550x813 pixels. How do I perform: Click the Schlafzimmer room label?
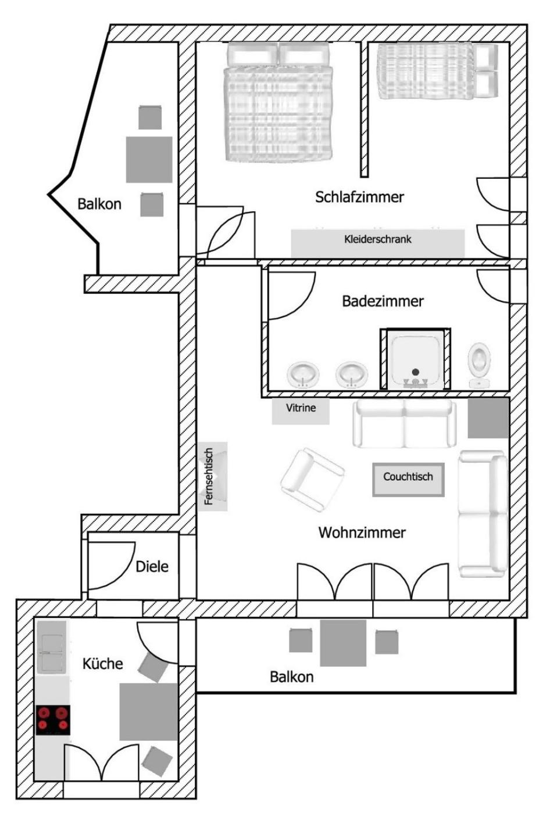[x=359, y=197]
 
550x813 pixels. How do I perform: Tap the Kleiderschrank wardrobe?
[x=377, y=243]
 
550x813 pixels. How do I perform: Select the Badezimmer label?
[x=383, y=301]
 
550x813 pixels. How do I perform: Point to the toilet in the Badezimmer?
[x=479, y=365]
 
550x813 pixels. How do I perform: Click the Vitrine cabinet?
[x=301, y=411]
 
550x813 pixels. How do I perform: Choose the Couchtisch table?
[x=408, y=480]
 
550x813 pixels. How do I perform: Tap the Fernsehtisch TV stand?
[x=213, y=476]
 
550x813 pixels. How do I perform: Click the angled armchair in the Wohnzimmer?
[x=312, y=479]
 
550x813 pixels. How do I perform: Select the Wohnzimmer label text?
[x=362, y=533]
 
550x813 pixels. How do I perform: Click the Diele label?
[x=152, y=567]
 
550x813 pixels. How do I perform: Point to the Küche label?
[x=102, y=664]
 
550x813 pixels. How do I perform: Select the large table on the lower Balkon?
[x=343, y=643]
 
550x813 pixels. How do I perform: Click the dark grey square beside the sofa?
[x=488, y=418]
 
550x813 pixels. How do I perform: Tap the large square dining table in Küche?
[x=149, y=712]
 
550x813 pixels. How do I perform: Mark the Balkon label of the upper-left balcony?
[x=99, y=204]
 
